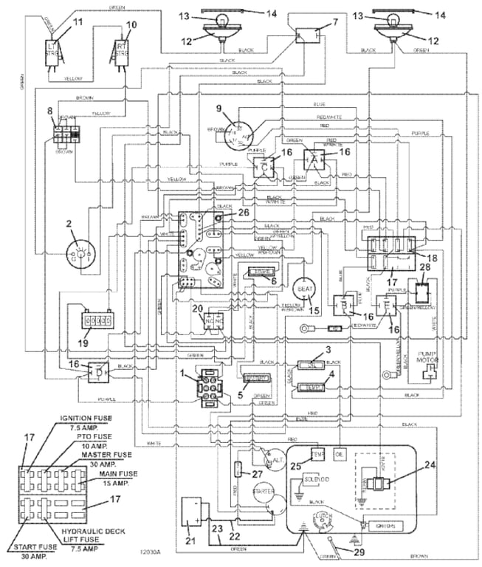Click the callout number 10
(133, 24)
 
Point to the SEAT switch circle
(304, 287)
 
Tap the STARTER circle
(266, 489)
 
